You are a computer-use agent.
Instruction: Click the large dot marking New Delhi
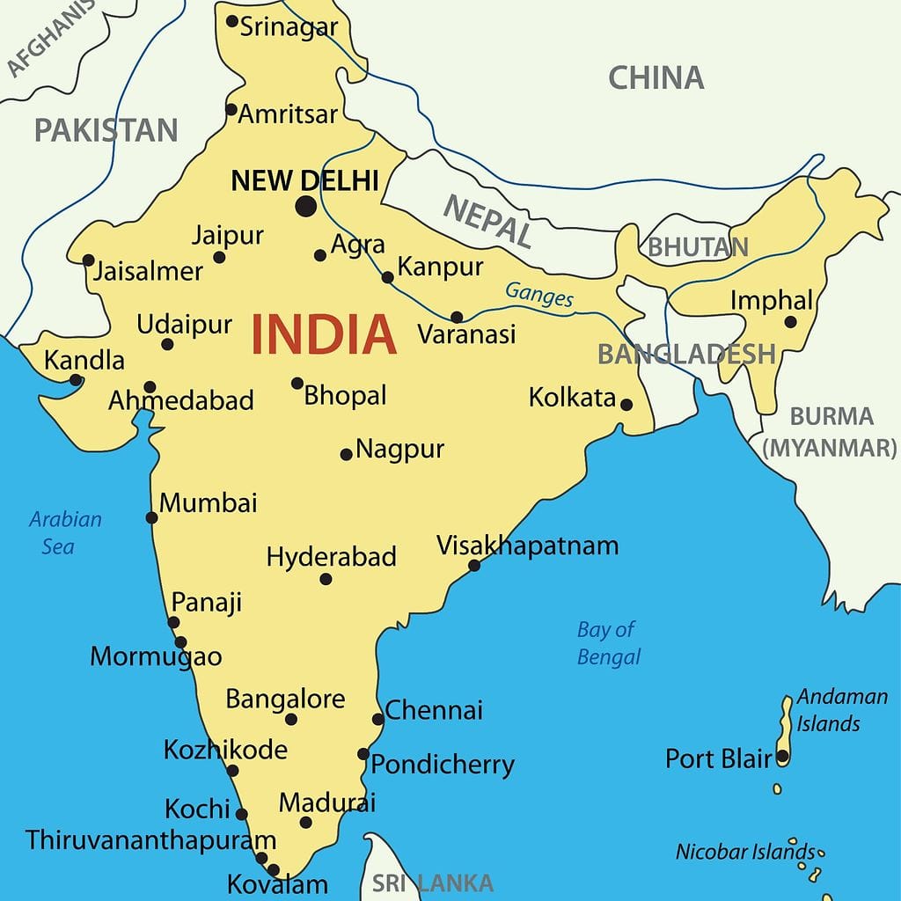point(305,207)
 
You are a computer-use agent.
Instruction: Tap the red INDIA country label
point(324,334)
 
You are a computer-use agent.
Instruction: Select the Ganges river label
point(538,294)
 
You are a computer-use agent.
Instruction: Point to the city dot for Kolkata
point(626,405)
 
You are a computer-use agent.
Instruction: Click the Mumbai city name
point(209,503)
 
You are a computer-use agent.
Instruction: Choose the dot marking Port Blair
point(781,757)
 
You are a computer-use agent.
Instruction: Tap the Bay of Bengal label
point(608,643)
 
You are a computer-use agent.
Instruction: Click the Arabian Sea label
point(65,532)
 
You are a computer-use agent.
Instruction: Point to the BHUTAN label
point(698,247)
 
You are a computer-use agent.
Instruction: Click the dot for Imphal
point(790,323)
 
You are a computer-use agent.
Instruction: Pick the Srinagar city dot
point(231,21)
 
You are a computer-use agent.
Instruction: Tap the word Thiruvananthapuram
point(150,839)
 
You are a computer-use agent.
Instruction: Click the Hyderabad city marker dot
point(326,579)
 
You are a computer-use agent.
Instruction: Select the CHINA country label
point(656,77)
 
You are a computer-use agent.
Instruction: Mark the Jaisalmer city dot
point(88,260)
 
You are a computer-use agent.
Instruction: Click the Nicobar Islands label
point(745,852)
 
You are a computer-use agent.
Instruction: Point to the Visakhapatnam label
point(528,546)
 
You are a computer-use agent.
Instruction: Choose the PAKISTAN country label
point(106,130)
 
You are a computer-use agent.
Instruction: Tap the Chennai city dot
point(378,719)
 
